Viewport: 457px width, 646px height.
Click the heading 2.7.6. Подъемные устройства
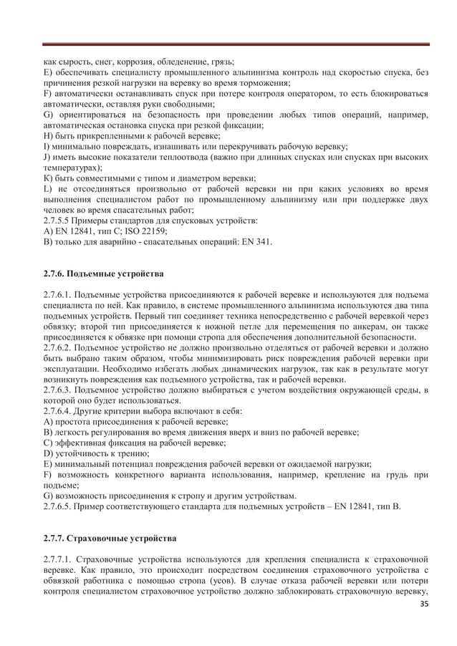[x=103, y=274]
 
